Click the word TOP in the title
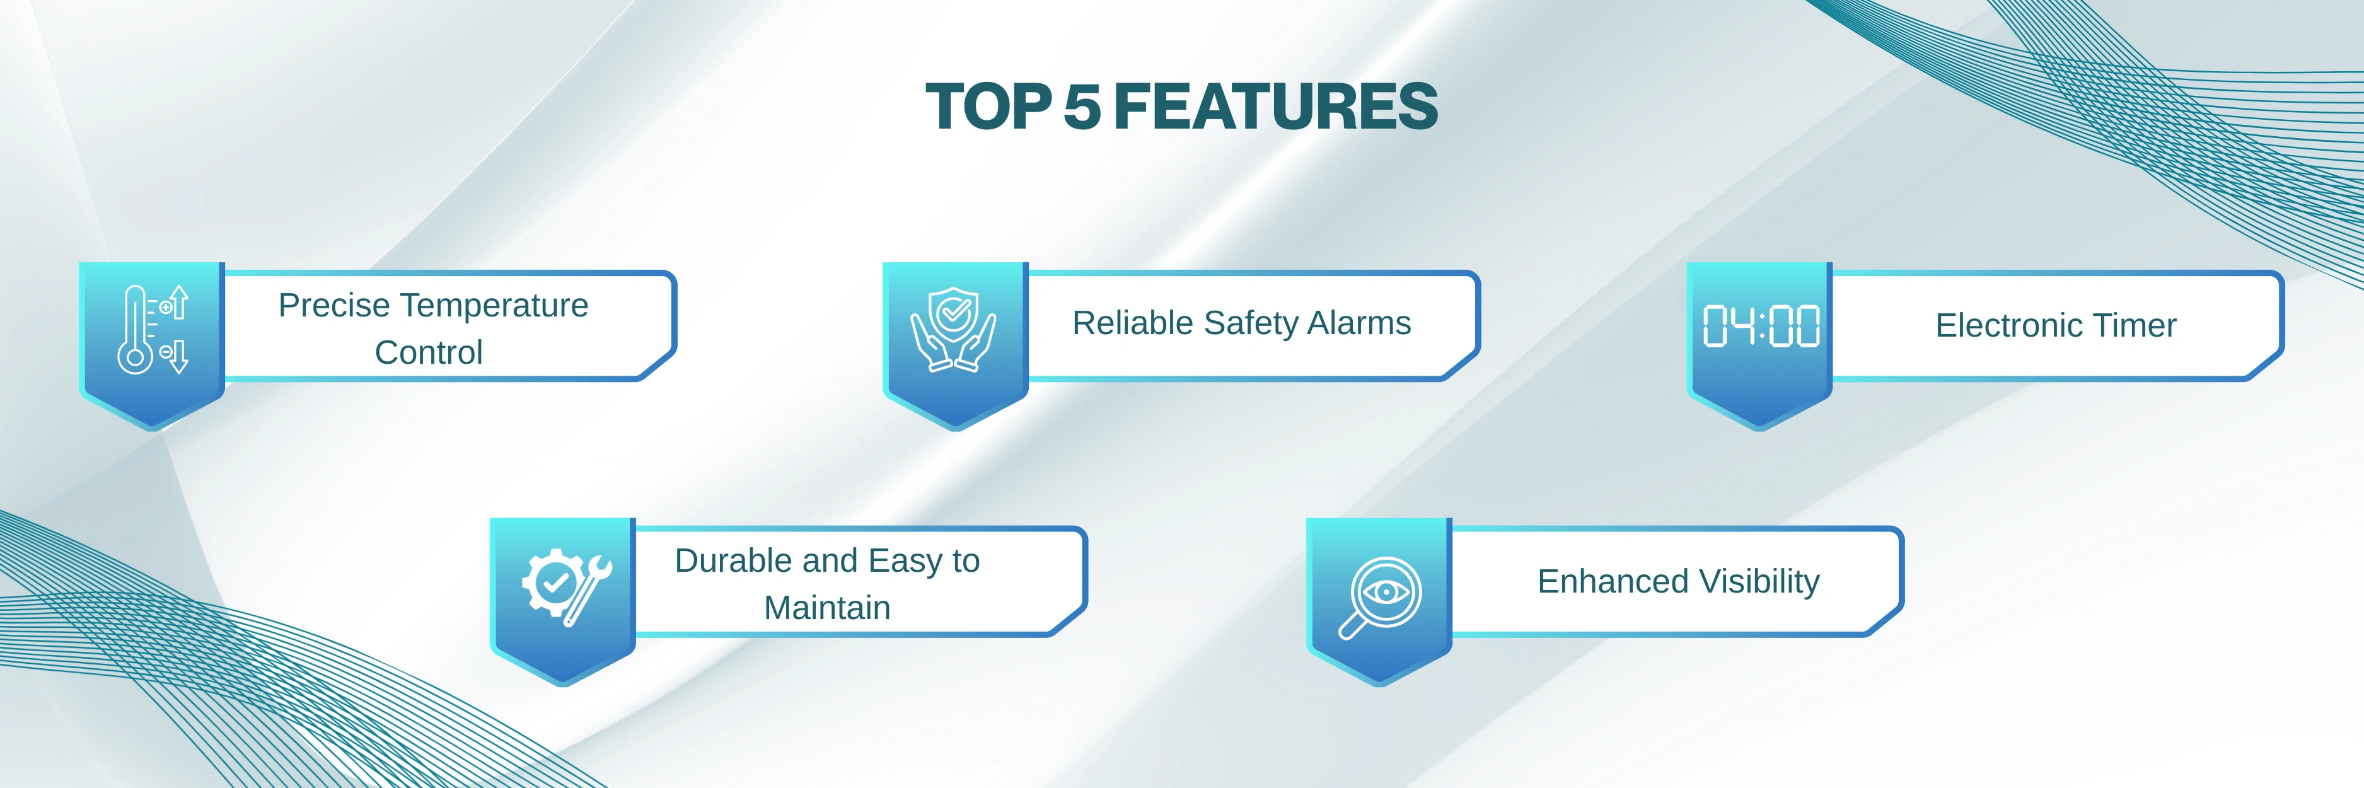point(988,107)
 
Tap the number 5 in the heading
point(1082,107)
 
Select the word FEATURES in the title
point(1275,107)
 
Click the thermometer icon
point(153,329)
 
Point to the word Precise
point(334,306)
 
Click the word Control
point(429,352)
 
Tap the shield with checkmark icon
point(953,329)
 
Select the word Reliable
point(1133,323)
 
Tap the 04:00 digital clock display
point(1761,326)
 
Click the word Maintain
point(827,607)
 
